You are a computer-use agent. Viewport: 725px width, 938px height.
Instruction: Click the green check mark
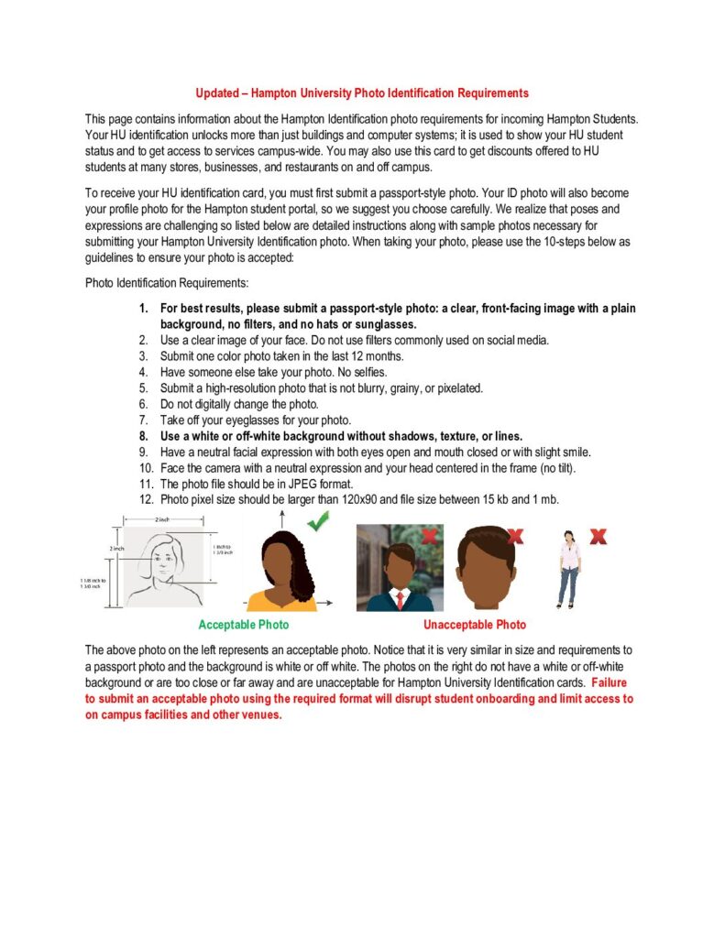[x=319, y=522]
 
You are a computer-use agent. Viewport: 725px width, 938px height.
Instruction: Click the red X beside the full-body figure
[x=599, y=536]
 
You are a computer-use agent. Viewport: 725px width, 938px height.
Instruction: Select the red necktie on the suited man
[x=400, y=599]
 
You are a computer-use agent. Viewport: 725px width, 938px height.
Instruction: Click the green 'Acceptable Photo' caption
[x=244, y=625]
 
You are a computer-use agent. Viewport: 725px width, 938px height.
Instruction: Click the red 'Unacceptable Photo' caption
[x=475, y=625]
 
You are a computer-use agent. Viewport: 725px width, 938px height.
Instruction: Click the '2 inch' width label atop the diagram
[x=162, y=519]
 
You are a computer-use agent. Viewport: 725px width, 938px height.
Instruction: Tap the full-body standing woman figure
[x=569, y=569]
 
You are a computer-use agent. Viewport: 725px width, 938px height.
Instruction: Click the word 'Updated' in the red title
[x=219, y=93]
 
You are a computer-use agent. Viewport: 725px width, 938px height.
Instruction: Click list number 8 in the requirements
[x=143, y=436]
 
